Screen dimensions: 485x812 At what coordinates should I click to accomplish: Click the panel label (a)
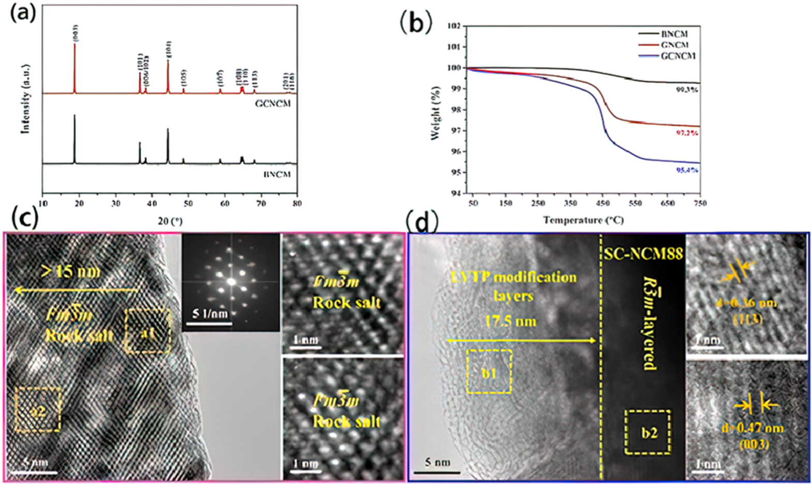(23, 12)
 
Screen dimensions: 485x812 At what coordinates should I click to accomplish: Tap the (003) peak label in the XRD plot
(76, 33)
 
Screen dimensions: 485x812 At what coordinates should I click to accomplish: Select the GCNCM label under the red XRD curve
(273, 103)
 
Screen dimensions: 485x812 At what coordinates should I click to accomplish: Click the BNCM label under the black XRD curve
(277, 174)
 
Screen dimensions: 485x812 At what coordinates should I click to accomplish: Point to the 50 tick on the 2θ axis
(188, 204)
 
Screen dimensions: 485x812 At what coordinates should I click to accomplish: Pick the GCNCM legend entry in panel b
(678, 56)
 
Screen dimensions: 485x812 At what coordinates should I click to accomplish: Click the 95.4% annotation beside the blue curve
(687, 170)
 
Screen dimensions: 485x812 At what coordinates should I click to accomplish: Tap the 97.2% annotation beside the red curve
(687, 133)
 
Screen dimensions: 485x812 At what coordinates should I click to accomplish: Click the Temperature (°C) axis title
(583, 220)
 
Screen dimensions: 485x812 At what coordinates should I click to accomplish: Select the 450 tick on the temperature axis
(603, 203)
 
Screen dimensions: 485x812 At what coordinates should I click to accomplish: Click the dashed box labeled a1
(148, 331)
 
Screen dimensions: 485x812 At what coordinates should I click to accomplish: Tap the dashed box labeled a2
(38, 410)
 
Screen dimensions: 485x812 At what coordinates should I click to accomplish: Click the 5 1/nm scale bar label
(210, 313)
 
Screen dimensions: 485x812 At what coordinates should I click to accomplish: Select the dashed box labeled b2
(648, 432)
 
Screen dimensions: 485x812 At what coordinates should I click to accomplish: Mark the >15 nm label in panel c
(71, 271)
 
